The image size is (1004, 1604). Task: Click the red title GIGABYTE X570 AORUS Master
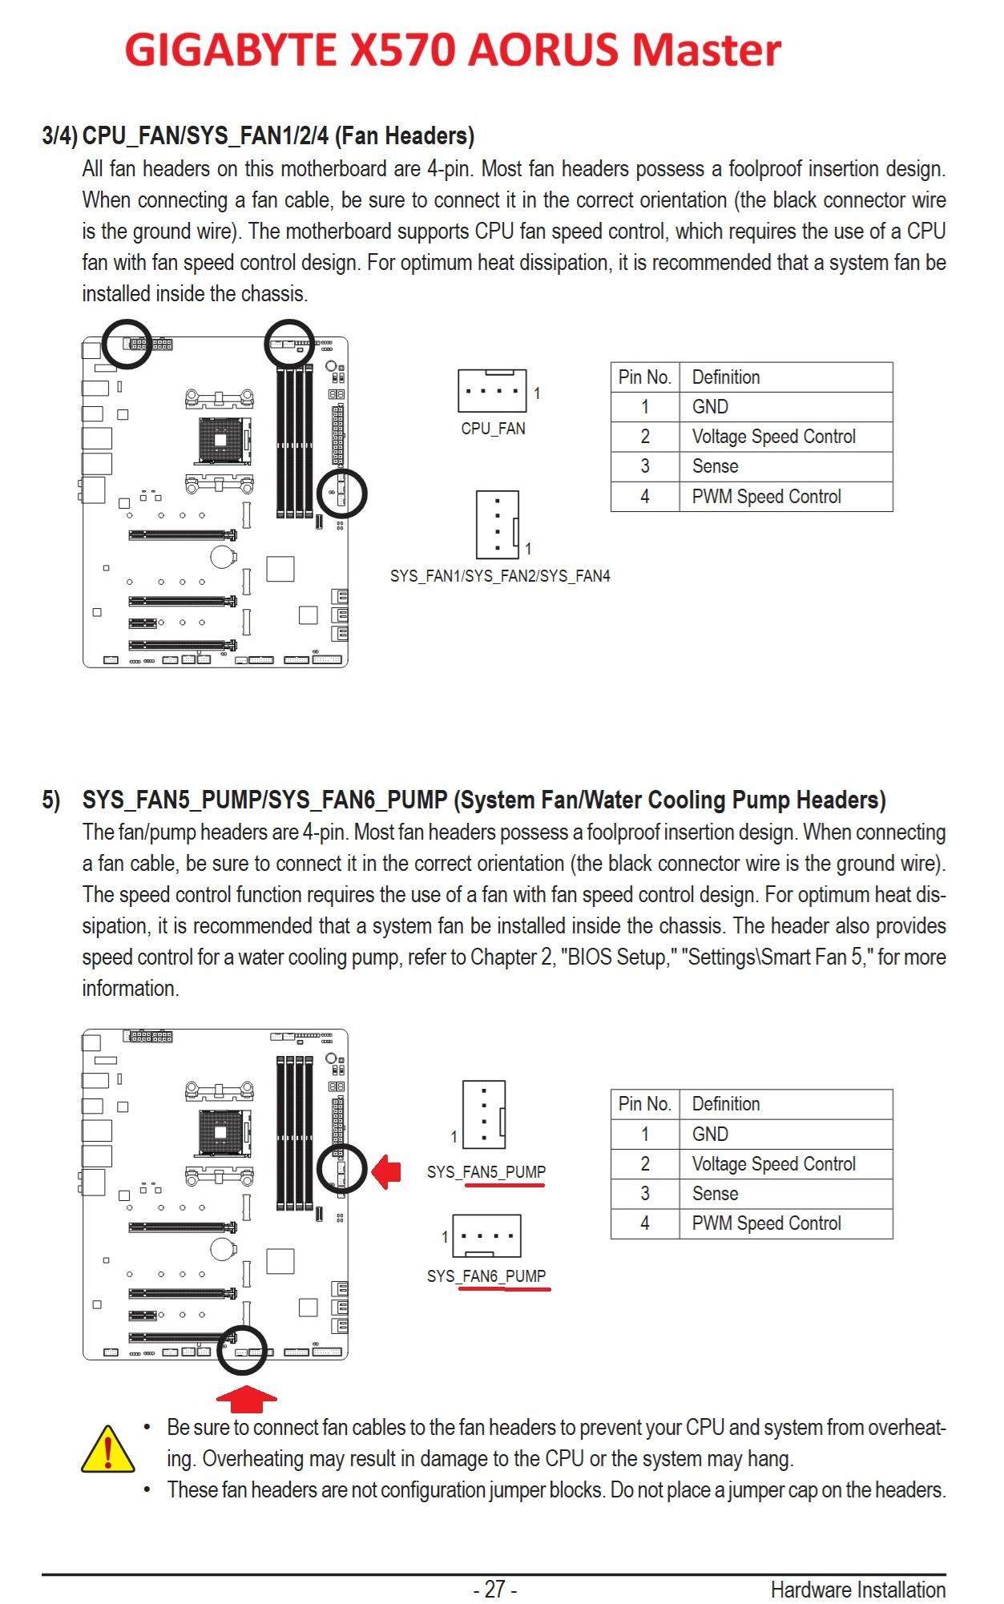pyautogui.click(x=453, y=50)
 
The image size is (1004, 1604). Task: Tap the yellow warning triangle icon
pyautogui.click(x=107, y=1449)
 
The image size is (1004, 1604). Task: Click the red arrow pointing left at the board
pyautogui.click(x=388, y=1171)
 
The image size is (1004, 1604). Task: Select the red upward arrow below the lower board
pyautogui.click(x=247, y=1397)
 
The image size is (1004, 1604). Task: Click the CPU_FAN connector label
pyautogui.click(x=493, y=429)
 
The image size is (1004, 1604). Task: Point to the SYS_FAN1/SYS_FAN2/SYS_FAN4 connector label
pyautogui.click(x=500, y=576)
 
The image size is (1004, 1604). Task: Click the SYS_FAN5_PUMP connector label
pyautogui.click(x=486, y=1172)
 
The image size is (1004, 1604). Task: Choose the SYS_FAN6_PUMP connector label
pyautogui.click(x=486, y=1276)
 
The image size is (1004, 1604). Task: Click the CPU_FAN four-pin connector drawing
pyautogui.click(x=492, y=390)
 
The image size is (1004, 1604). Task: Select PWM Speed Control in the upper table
pyautogui.click(x=766, y=497)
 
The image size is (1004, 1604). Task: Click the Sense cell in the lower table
pyautogui.click(x=715, y=1194)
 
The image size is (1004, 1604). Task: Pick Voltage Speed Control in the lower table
pyautogui.click(x=773, y=1164)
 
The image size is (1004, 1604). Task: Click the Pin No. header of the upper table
pyautogui.click(x=644, y=377)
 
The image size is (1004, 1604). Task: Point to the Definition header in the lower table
pyautogui.click(x=725, y=1104)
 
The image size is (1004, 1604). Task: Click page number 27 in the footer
pyautogui.click(x=494, y=1588)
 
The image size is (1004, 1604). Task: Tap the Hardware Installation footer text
pyautogui.click(x=857, y=1590)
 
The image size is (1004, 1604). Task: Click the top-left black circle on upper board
pyautogui.click(x=127, y=344)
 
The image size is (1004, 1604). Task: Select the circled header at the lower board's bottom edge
pyautogui.click(x=241, y=1350)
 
